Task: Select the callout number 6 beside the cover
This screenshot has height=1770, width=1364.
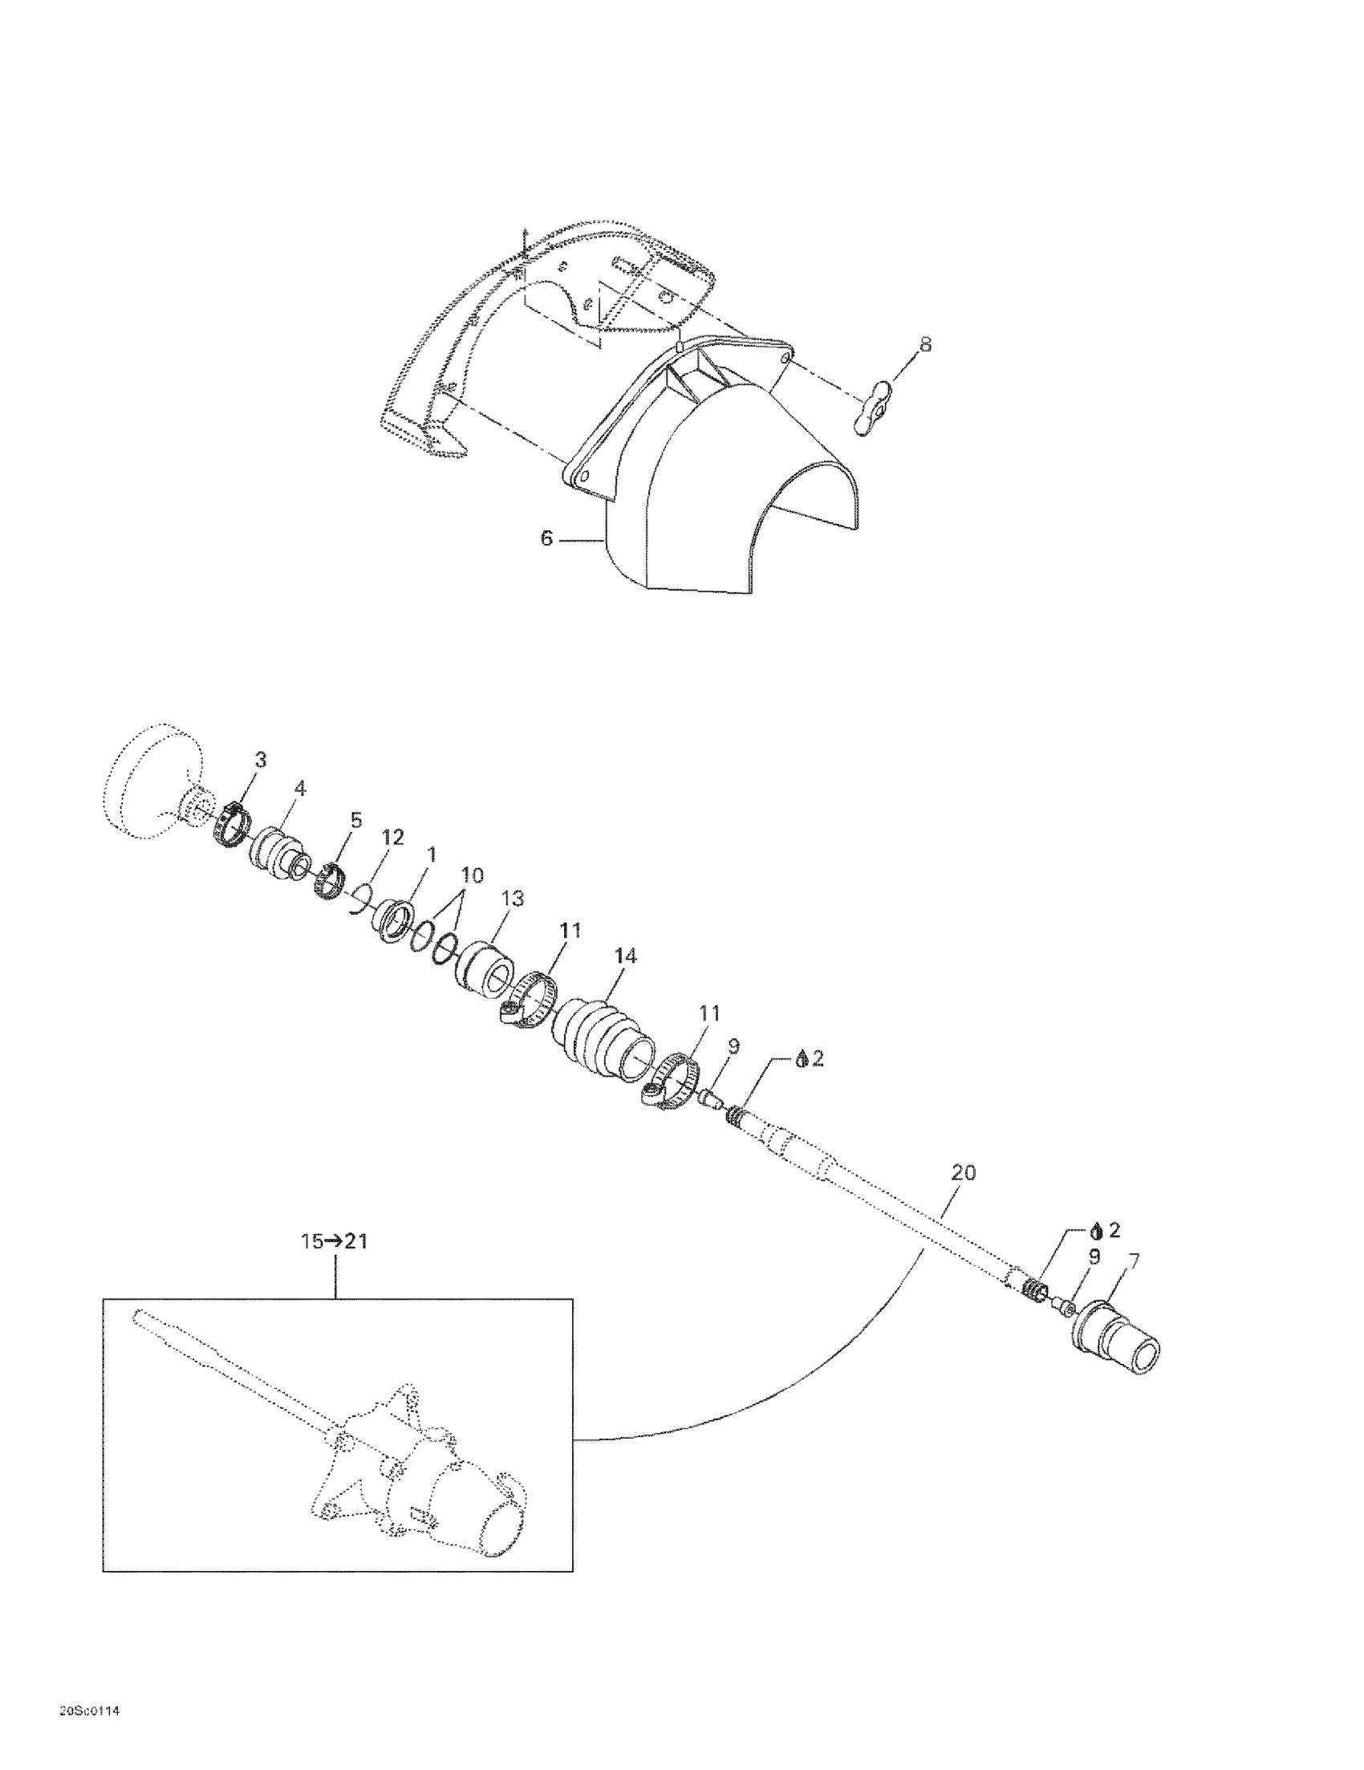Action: click(546, 538)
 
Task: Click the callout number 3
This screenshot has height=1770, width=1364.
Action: click(260, 759)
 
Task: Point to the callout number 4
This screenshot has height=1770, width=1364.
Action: click(300, 788)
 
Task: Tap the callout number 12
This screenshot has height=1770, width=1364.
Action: click(393, 837)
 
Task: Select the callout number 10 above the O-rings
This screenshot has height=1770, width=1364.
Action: click(472, 875)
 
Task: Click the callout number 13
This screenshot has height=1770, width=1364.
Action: click(513, 899)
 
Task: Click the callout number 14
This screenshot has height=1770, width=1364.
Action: click(626, 956)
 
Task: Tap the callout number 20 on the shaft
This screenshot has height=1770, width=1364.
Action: click(963, 1173)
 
